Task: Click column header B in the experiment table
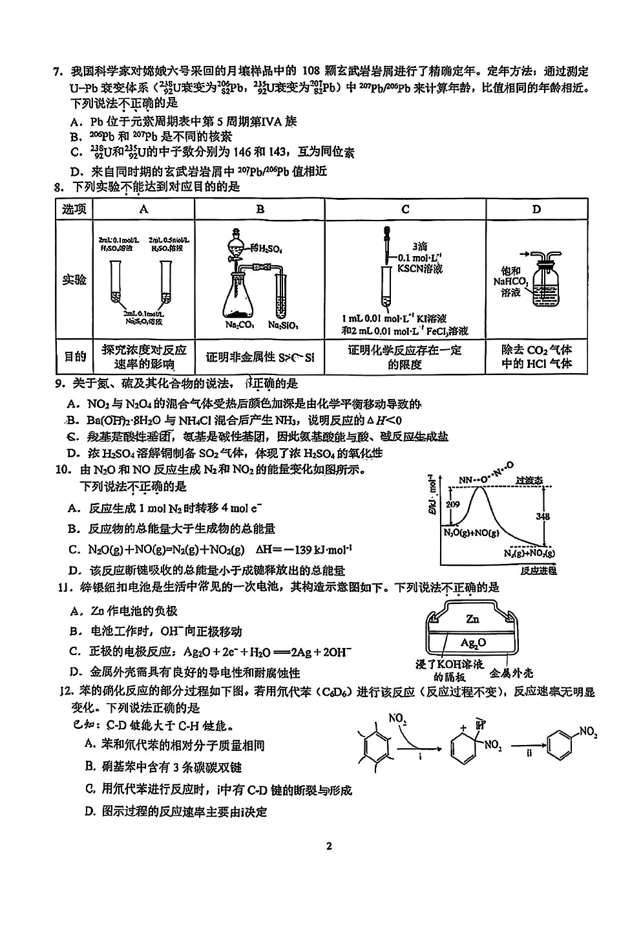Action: point(260,209)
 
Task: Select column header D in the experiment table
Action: point(537,209)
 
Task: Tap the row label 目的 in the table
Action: point(74,357)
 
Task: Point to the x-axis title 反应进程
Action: point(538,570)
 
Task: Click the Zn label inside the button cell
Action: point(472,619)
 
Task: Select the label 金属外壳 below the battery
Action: point(512,672)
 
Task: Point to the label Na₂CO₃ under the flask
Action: point(238,325)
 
